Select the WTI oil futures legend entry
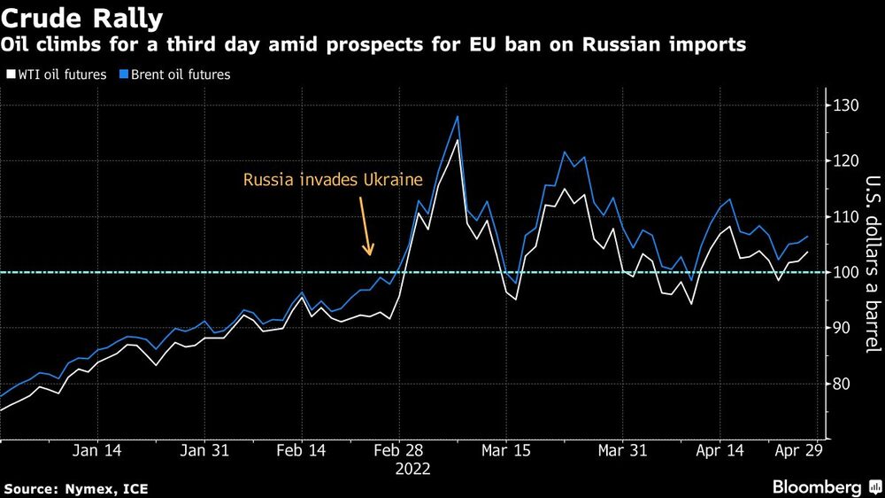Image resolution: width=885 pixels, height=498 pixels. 58,74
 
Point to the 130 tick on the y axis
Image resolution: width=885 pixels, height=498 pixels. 845,105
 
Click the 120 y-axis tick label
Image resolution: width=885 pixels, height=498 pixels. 845,161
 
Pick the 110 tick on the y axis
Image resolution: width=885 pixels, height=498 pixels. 845,217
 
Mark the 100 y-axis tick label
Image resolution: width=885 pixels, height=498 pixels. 845,272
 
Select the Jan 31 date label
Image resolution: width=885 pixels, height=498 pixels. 204,450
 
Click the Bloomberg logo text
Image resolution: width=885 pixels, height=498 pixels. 816,486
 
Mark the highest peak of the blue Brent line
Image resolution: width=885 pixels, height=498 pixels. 457,116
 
